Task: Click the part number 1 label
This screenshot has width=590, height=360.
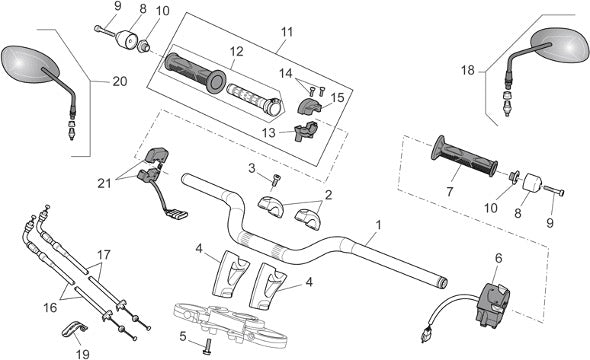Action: (x=379, y=225)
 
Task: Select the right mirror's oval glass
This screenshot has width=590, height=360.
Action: (x=560, y=45)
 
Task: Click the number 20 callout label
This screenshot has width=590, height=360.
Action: (x=120, y=81)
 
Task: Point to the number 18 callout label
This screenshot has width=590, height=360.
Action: (x=468, y=70)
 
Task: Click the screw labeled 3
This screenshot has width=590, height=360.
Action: (x=275, y=180)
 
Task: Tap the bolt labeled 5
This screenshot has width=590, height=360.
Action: (x=206, y=346)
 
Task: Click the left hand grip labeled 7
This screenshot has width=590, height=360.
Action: (x=464, y=157)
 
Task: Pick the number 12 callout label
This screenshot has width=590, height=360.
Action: (x=236, y=52)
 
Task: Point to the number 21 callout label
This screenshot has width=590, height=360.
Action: (x=105, y=183)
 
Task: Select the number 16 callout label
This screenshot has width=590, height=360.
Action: (x=50, y=308)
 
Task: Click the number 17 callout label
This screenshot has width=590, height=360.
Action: (x=104, y=255)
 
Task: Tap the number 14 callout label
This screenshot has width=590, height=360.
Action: (x=286, y=73)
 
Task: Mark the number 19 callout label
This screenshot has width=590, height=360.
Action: (x=82, y=354)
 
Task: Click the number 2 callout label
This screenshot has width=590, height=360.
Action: (x=328, y=195)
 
